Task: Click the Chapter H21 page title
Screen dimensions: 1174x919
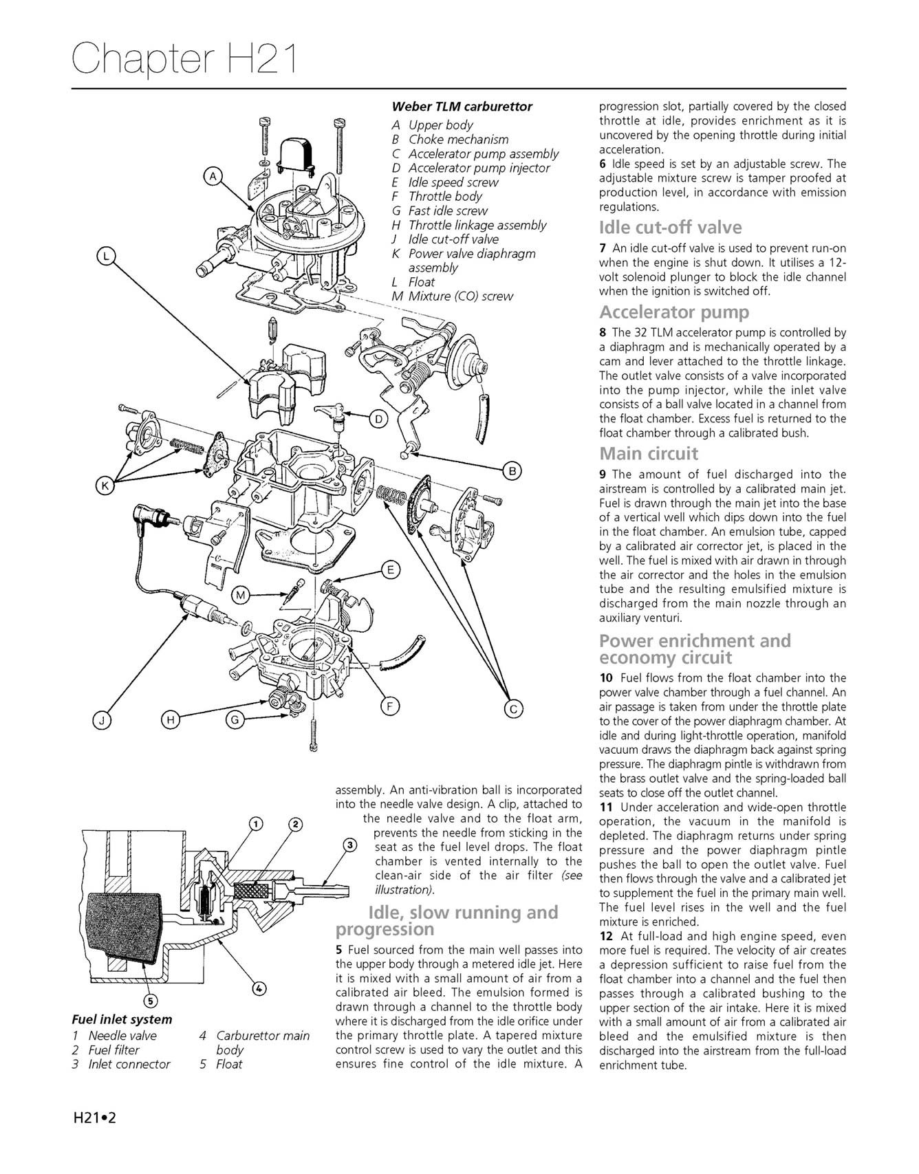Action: pyautogui.click(x=184, y=58)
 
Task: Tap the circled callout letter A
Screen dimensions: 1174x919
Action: pyautogui.click(x=213, y=177)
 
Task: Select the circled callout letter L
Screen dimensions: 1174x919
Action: pyautogui.click(x=105, y=257)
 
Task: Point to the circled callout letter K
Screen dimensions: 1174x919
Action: pyautogui.click(x=105, y=486)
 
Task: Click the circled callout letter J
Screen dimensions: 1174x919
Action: pyautogui.click(x=102, y=720)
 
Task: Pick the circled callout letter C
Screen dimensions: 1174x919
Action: pyautogui.click(x=512, y=709)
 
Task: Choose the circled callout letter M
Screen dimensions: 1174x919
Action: pyautogui.click(x=239, y=596)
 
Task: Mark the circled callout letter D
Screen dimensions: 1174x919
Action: pyautogui.click(x=378, y=418)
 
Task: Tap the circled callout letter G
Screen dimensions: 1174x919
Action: pyautogui.click(x=235, y=720)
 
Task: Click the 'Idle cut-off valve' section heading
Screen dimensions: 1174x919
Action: pyautogui.click(x=670, y=228)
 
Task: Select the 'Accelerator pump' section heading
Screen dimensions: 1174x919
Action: pyautogui.click(x=673, y=312)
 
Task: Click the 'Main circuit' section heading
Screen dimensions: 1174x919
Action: pyautogui.click(x=648, y=454)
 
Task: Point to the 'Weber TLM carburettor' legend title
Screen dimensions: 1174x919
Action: pyautogui.click(x=462, y=107)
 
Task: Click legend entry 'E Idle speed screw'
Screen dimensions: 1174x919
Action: pyautogui.click(x=445, y=182)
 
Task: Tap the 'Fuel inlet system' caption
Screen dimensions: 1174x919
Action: pyautogui.click(x=122, y=1019)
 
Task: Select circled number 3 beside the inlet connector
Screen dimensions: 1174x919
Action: pyautogui.click(x=350, y=845)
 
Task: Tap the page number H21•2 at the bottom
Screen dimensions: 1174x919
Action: pyautogui.click(x=95, y=1118)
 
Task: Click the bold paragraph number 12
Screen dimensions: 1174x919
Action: pyautogui.click(x=606, y=936)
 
